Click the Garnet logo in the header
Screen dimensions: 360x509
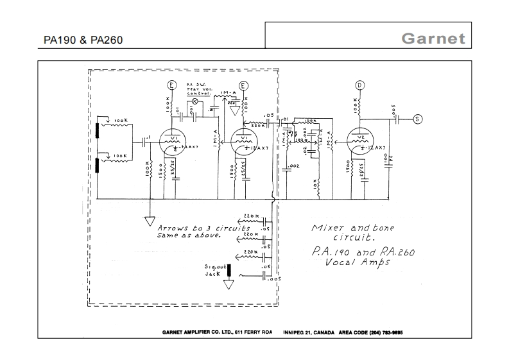click(433, 38)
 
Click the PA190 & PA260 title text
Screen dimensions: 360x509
click(83, 40)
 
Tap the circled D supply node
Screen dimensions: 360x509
click(360, 85)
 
